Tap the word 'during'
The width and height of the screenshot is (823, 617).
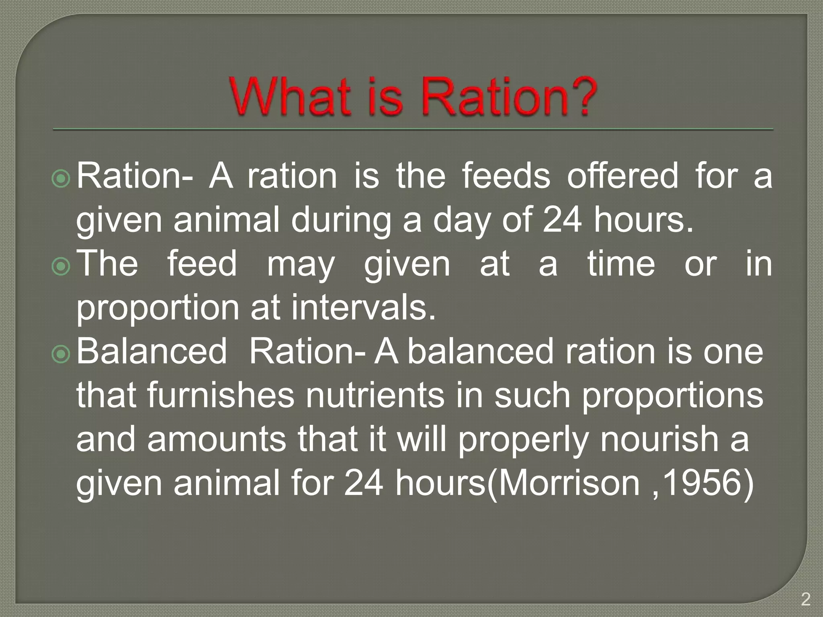click(341, 221)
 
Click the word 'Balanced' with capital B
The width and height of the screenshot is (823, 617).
click(152, 351)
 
